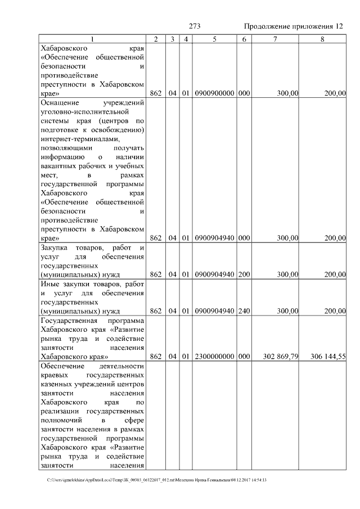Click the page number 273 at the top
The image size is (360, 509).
pyautogui.click(x=195, y=26)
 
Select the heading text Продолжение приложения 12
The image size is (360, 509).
pyautogui.click(x=293, y=26)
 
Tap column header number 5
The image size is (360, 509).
pyautogui.click(x=215, y=39)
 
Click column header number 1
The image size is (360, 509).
pyautogui.click(x=92, y=39)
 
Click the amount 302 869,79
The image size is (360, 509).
pyautogui.click(x=280, y=357)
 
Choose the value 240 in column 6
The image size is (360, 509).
pyautogui.click(x=244, y=310)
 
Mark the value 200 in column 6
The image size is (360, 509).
pyautogui.click(x=244, y=274)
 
